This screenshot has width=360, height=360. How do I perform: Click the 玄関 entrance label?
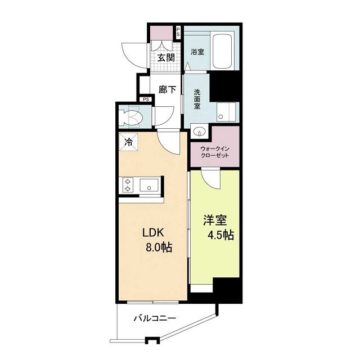165,57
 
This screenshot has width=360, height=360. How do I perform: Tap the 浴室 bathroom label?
197,52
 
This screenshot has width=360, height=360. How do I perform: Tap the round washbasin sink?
197,133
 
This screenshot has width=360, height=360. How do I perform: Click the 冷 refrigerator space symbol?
129,142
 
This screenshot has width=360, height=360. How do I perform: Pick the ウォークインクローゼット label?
214,151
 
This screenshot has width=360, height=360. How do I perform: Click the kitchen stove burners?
128,184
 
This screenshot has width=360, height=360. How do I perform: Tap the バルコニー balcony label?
154,318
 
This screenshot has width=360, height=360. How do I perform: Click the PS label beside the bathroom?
178,33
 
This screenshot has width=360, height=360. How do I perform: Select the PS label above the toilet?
146,100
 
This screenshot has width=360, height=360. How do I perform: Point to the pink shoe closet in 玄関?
163,33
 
